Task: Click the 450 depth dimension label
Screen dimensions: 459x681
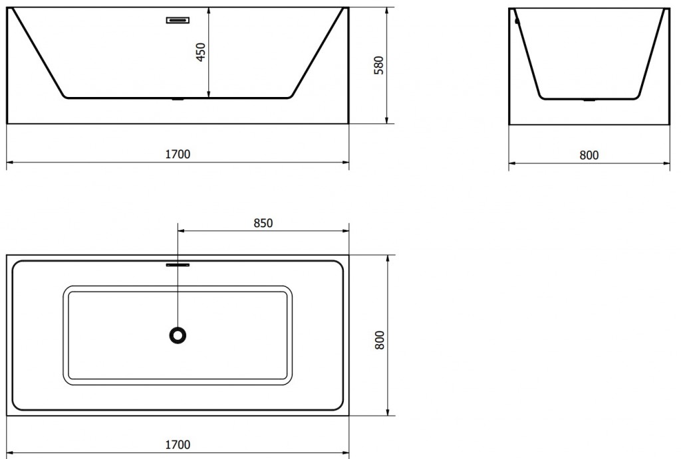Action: [x=201, y=52]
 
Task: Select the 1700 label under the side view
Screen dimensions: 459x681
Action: [x=178, y=154]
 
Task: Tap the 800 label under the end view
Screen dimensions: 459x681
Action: [x=589, y=155]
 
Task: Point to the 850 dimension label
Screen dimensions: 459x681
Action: [x=263, y=223]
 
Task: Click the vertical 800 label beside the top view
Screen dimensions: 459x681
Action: [x=380, y=341]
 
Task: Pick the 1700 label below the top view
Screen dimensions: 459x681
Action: [x=178, y=444]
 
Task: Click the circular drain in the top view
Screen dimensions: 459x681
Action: [x=178, y=335]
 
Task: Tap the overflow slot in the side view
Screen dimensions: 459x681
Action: [x=178, y=20]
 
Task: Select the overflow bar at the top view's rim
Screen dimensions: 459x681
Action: [x=178, y=264]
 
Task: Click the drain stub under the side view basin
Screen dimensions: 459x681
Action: [x=178, y=100]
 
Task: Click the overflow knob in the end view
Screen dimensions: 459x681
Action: [x=516, y=21]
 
